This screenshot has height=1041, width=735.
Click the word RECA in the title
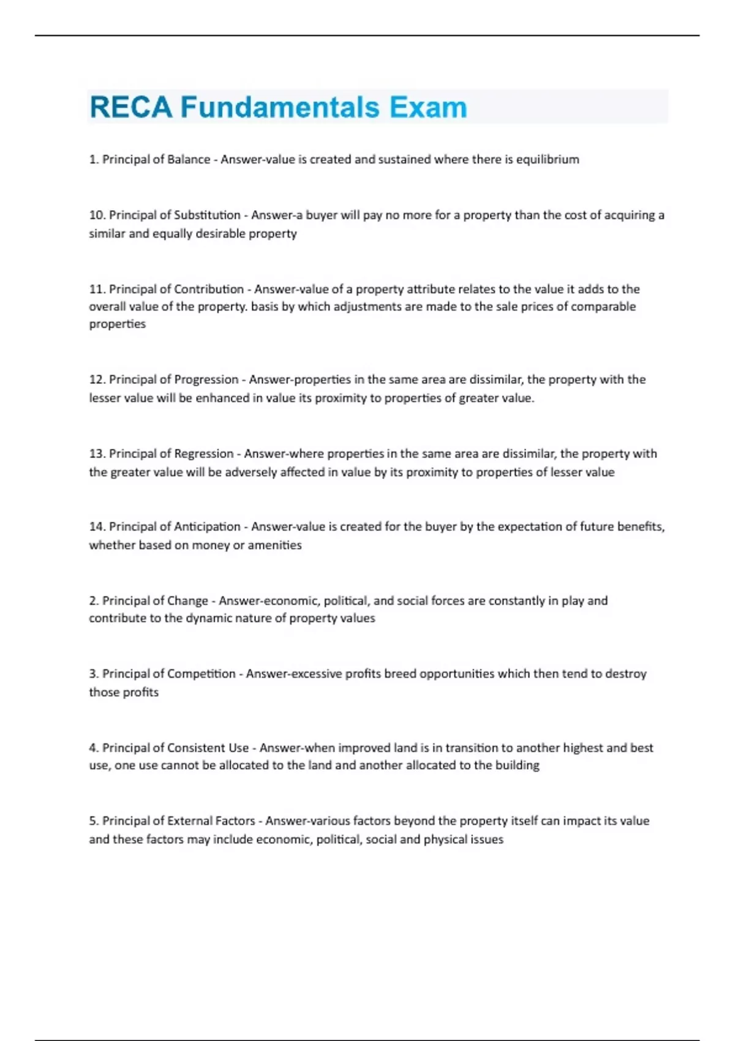coord(131,107)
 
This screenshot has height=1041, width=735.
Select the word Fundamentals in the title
coord(280,107)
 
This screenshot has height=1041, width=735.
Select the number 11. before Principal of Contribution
coord(97,289)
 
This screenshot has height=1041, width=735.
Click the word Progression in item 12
coord(206,380)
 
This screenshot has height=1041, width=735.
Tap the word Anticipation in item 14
coord(207,527)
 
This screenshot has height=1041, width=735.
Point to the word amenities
coord(274,545)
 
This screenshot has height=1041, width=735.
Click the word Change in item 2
coord(187,601)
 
